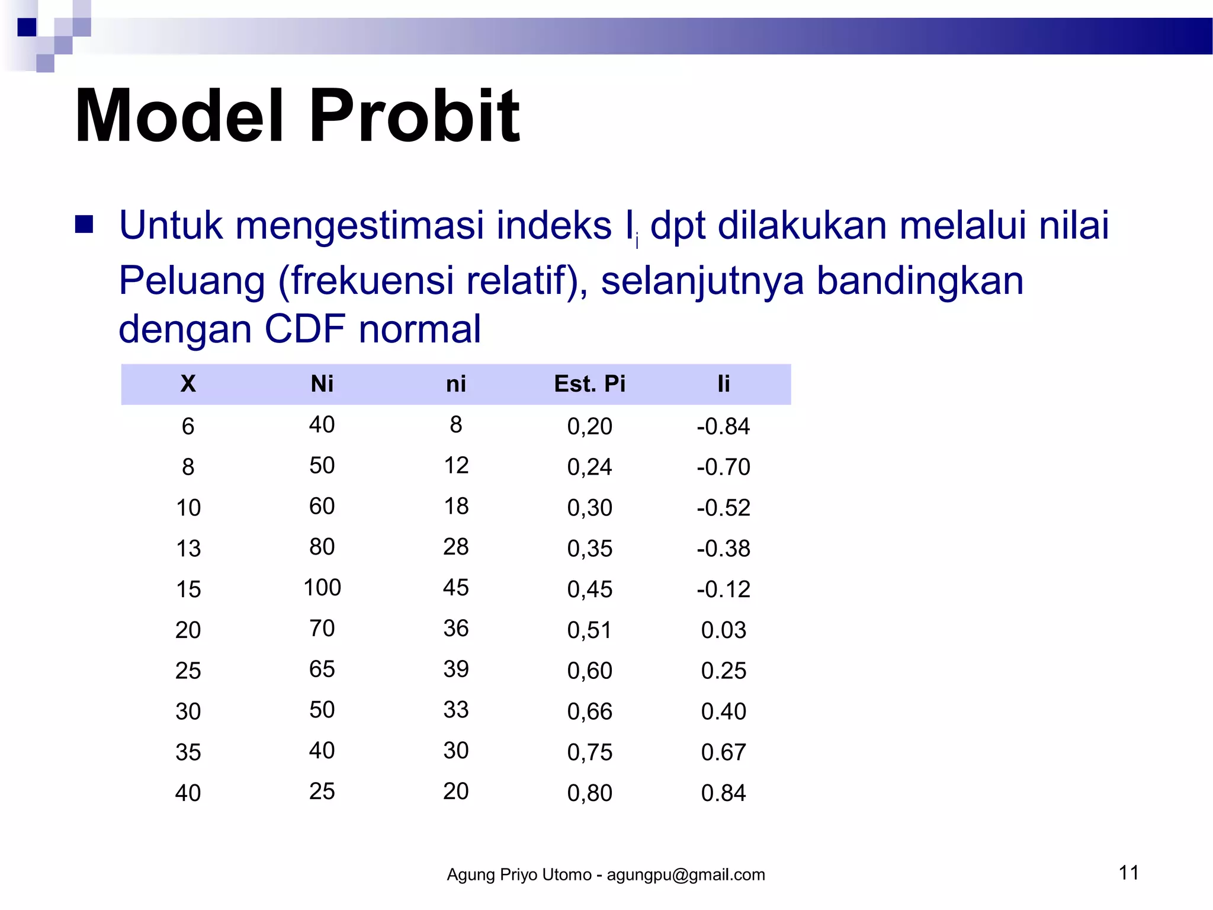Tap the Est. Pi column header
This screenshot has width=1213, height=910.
[589, 384]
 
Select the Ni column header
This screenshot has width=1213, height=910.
[322, 384]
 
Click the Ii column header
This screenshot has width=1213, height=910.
[723, 384]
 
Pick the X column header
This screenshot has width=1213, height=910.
[188, 384]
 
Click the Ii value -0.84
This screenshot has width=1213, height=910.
[723, 427]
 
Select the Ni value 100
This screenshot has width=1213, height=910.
[322, 588]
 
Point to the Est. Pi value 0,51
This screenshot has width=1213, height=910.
[589, 630]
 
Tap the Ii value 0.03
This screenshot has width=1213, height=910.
[723, 630]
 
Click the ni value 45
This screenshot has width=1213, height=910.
[455, 588]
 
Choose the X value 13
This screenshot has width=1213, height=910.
[188, 549]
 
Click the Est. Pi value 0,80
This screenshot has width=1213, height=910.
[589, 793]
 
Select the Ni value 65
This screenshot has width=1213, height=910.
[322, 669]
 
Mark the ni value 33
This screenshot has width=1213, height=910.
[455, 710]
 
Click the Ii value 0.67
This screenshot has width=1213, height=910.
[723, 752]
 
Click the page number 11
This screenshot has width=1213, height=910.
[1128, 873]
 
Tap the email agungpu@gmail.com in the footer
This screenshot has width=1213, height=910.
[685, 875]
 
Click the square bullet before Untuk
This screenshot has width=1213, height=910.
[84, 225]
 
